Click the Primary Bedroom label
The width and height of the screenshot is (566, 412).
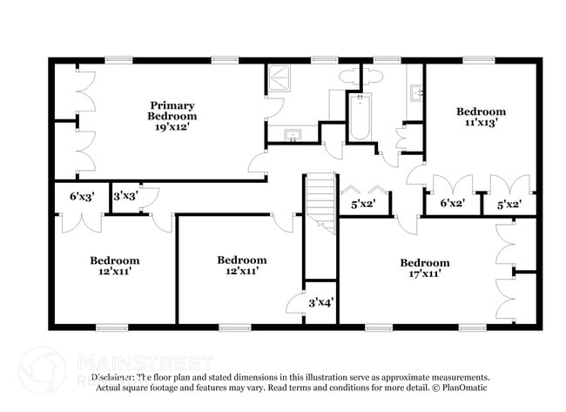172,110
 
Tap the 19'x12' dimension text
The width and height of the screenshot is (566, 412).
172,126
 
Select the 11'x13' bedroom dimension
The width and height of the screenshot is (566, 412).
481,123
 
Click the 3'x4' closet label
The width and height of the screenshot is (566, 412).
320,303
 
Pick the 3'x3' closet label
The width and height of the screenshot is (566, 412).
125,197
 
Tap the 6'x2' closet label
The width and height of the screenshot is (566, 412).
452,203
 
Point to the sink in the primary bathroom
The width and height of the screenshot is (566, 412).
293,135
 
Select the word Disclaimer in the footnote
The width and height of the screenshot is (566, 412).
106,377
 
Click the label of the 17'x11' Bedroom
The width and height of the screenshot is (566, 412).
424,262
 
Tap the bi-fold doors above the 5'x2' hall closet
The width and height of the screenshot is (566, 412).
364,191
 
